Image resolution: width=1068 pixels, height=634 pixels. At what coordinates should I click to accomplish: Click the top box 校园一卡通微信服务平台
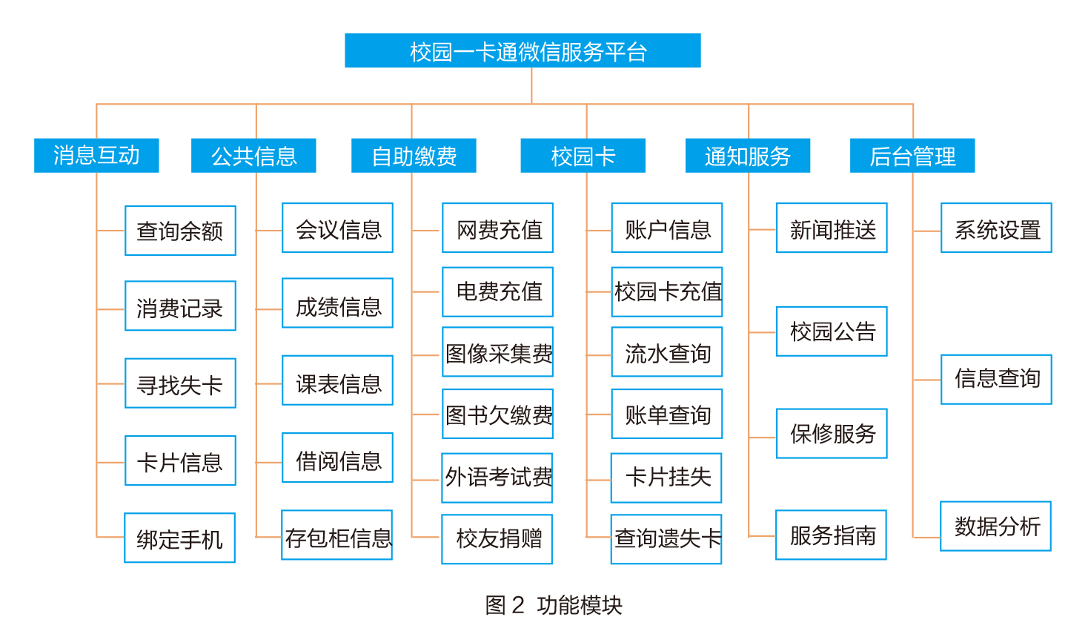[x=523, y=50]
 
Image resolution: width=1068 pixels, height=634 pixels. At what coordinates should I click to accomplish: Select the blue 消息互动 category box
[x=96, y=156]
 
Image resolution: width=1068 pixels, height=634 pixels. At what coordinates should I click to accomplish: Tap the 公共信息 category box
[x=253, y=156]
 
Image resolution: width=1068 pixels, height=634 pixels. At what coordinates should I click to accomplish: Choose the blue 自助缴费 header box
[x=414, y=156]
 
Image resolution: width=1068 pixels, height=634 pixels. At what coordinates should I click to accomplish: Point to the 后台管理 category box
[x=912, y=156]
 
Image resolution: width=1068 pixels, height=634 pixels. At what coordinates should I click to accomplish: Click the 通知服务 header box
[x=748, y=156]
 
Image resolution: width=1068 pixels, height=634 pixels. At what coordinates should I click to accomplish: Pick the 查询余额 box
[x=180, y=231]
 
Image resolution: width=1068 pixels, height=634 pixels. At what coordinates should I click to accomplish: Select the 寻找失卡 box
[x=180, y=383]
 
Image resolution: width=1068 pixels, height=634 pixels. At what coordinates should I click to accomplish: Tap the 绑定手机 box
[x=180, y=538]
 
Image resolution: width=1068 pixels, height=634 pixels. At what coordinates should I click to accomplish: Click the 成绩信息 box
[x=337, y=303]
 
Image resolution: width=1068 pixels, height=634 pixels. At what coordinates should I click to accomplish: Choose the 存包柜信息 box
[x=337, y=535]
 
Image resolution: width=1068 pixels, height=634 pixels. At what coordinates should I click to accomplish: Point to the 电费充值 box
[x=498, y=292]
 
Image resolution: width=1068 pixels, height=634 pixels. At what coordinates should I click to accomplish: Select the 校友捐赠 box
[x=497, y=539]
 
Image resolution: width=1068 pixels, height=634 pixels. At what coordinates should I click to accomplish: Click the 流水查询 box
[x=667, y=352]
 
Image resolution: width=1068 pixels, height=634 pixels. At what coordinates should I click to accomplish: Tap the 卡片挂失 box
[x=666, y=478]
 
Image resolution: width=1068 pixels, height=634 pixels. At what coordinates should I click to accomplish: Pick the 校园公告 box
[x=832, y=331]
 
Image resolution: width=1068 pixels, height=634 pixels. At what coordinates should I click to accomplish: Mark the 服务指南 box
[x=832, y=535]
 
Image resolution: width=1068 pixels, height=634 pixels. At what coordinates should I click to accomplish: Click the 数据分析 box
[x=996, y=526]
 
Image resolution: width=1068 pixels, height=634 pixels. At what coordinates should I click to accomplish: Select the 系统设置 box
[x=997, y=228]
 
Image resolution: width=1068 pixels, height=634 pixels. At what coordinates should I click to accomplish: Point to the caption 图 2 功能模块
[x=554, y=605]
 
